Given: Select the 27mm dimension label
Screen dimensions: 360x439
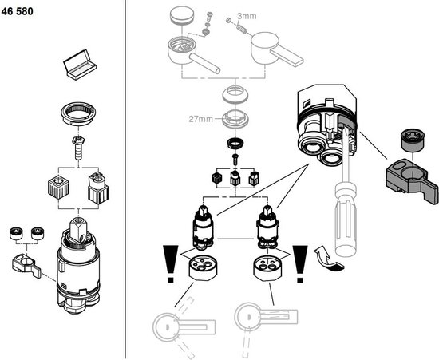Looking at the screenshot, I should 200,120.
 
